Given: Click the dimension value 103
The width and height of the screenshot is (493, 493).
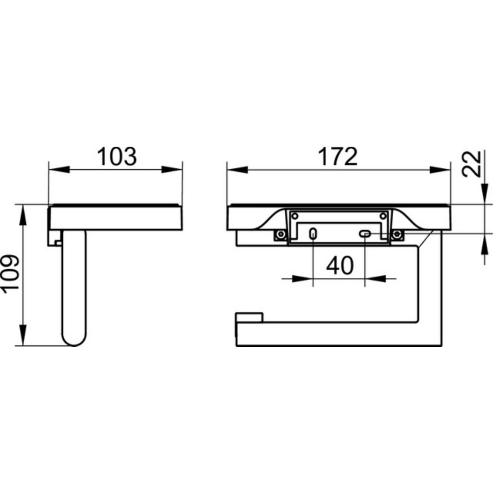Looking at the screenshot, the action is pos(117,156).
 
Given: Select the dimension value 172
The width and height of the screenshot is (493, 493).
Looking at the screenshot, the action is pos(338,156).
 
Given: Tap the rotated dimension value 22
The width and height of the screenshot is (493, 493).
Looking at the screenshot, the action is pos(471,164).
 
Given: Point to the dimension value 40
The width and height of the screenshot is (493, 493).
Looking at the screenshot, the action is pos(339,265).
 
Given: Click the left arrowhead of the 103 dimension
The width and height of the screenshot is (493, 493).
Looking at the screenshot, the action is pos(59,169).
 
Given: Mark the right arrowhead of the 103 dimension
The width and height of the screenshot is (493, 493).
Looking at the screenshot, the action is pos(172,169).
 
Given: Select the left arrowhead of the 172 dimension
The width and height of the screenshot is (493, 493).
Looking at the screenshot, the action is pos(237,169).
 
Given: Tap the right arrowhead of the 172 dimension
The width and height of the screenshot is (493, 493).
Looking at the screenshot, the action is pos(440,169).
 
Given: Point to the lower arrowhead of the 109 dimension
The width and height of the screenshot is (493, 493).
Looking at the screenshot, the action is pos(23,335).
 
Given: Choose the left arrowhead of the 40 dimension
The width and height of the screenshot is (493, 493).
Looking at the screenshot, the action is pos(302,279).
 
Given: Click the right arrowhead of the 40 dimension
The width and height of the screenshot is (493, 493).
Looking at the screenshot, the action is pos(376,279).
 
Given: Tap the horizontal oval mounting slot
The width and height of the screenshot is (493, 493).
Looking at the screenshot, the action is pos(365,233).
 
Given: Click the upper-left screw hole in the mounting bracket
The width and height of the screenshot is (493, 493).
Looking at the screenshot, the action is pos(295,216).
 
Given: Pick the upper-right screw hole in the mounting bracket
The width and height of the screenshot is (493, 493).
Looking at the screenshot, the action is pos(383,216).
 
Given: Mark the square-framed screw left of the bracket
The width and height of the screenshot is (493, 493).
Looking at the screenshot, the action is pos(281,234).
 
